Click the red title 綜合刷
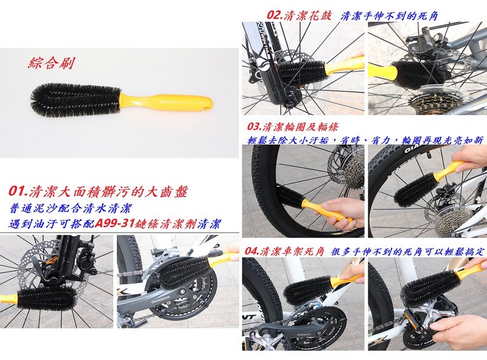pyautogui.click(x=51, y=63)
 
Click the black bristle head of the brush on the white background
pyautogui.click(x=75, y=99)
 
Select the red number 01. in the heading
pyautogui.click(x=18, y=191)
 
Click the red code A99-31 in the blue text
pyautogui.click(x=115, y=224)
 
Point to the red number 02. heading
pyautogui.click(x=275, y=16)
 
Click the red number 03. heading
pyautogui.click(x=254, y=127)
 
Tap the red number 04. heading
pyautogui.click(x=252, y=251)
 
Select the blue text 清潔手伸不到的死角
pyautogui.click(x=390, y=16)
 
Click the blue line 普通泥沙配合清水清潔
pyautogui.click(x=71, y=208)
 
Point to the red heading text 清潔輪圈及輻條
pyautogui.click(x=300, y=127)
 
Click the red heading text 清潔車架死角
pyautogui.click(x=293, y=251)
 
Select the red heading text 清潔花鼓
pyautogui.click(x=308, y=16)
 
